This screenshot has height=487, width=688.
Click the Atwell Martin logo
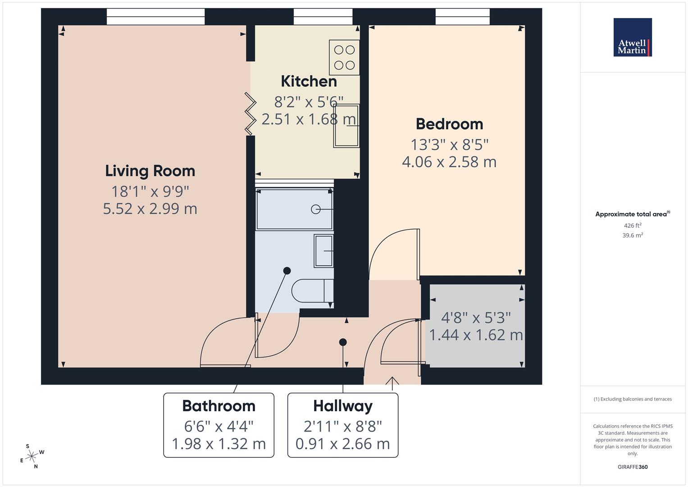click(632, 37)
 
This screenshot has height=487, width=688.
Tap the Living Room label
click(150, 171)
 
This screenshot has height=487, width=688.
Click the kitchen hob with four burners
click(344, 57)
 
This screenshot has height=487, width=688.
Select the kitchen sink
click(346, 126)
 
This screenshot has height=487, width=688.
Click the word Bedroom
click(449, 124)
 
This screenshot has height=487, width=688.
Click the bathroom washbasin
click(323, 251)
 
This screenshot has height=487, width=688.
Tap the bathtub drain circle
click(316, 209)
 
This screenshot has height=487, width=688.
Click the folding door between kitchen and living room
click(250, 113)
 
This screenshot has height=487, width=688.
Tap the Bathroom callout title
click(219, 406)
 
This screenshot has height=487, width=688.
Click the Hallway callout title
click(343, 406)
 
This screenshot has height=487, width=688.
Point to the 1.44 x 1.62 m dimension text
click(476, 335)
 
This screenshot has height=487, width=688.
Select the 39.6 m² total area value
click(632, 235)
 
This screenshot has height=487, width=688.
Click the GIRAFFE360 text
click(632, 467)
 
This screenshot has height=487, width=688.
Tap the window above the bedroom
click(462, 17)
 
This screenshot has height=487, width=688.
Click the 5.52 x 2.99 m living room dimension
click(150, 209)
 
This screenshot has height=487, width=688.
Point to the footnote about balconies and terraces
click(632, 399)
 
